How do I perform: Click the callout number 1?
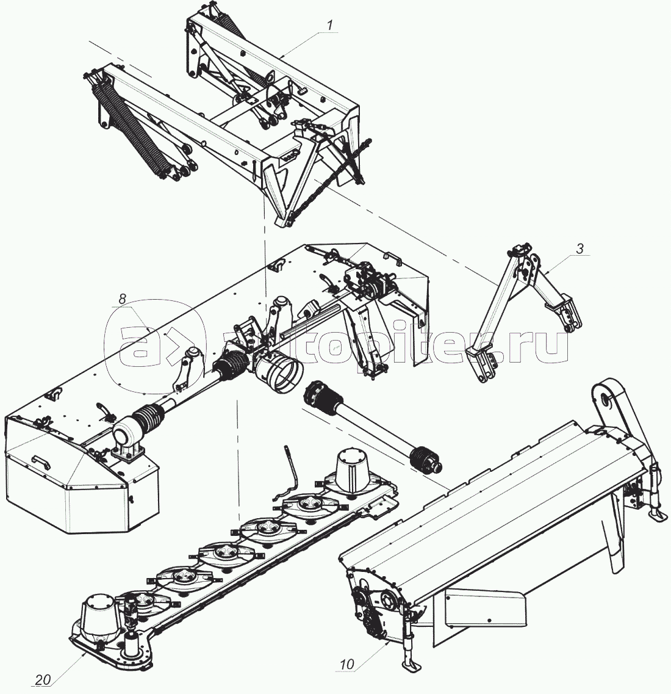click(x=329, y=26)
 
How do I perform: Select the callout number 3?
click(x=579, y=248)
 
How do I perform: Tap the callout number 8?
click(x=122, y=298)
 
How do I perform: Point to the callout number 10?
click(x=346, y=664)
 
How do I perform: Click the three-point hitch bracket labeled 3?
click(x=518, y=305)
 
